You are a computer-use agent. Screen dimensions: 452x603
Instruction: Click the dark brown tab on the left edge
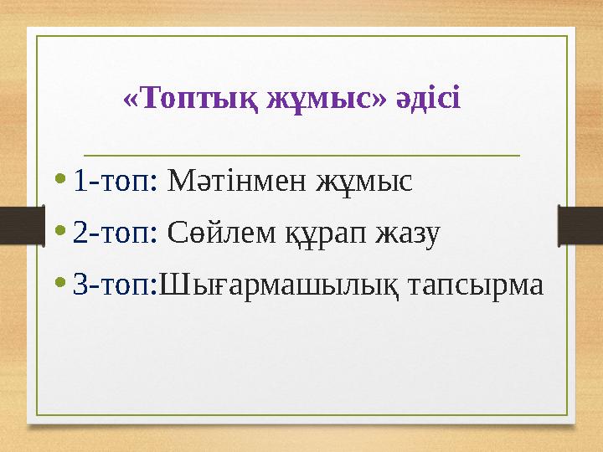point(17,223)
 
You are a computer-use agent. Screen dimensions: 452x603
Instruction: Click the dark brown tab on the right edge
point(585,223)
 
